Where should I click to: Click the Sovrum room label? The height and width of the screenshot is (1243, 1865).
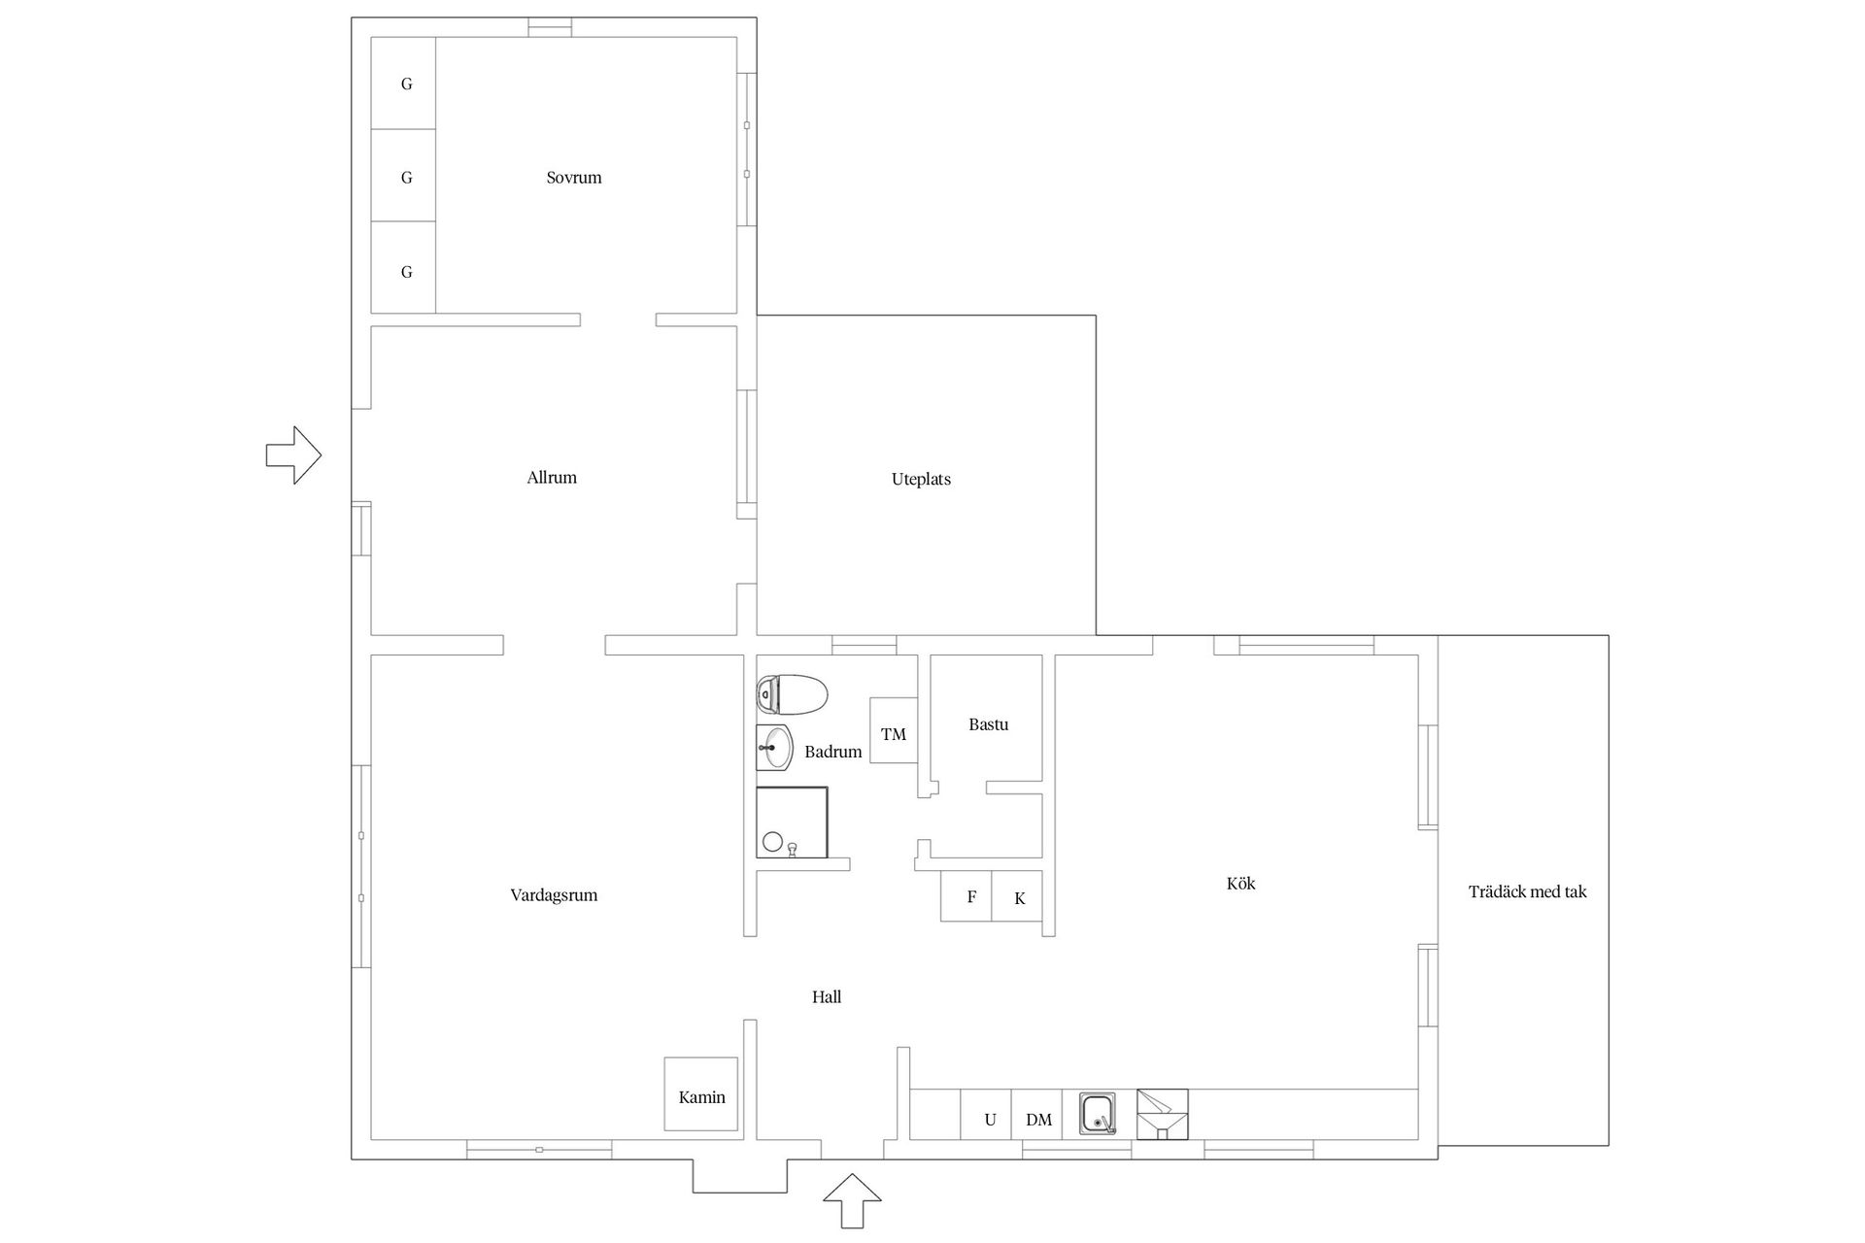point(574,178)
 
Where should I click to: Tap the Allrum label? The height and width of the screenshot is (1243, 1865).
point(552,478)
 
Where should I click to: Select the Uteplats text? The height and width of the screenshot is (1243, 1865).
point(921,479)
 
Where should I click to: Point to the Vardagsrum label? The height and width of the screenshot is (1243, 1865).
point(554,895)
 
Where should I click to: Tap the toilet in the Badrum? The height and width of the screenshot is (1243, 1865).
point(792,695)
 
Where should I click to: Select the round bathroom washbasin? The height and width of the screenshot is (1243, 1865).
point(776,748)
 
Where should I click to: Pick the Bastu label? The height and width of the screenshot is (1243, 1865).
point(988,724)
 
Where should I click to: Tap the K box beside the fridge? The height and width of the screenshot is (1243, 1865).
point(1019,897)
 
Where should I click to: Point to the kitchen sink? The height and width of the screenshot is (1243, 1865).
point(1098,1113)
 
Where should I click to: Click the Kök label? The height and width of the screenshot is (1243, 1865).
point(1240,884)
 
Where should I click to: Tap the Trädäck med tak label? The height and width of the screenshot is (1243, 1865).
point(1527,891)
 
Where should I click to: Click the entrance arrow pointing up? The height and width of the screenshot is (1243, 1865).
point(852,1201)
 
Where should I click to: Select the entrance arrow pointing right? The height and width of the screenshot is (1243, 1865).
point(293,454)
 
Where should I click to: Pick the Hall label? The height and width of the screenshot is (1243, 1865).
point(827,997)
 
